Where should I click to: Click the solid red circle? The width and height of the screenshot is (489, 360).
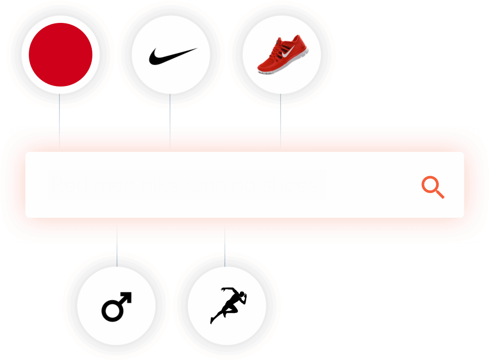click(60, 54)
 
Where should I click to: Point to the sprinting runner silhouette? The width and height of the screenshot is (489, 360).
click(229, 305)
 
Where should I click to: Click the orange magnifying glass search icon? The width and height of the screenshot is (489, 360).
click(432, 188)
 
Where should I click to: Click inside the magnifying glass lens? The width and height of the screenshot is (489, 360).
click(430, 185)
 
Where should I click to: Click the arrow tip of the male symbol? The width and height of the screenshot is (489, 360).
click(128, 296)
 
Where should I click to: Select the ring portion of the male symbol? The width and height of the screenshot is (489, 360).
click(111, 311)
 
